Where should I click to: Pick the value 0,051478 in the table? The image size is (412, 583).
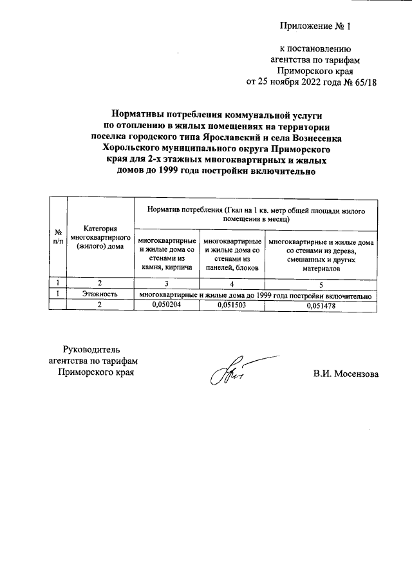pyautogui.click(x=321, y=305)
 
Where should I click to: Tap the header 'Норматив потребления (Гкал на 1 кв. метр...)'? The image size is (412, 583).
pyautogui.click(x=256, y=215)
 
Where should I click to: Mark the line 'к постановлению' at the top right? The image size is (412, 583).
pyautogui.click(x=315, y=48)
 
